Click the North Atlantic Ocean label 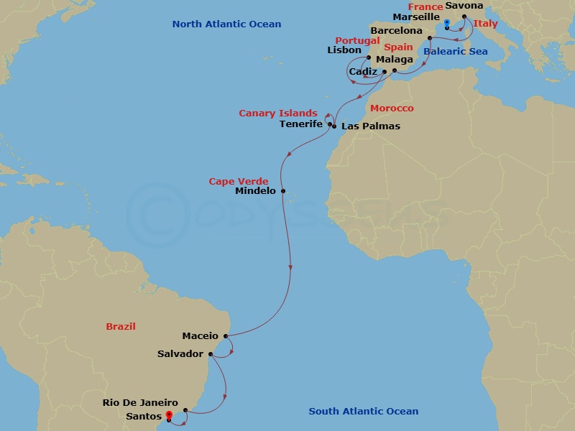coord(226,24)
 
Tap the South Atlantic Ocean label coord(363,412)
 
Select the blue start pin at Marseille coord(447,25)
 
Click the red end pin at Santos coord(169,416)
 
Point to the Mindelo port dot coord(283,191)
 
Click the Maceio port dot coord(227,335)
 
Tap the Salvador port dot coord(210,354)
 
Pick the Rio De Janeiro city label coord(140,403)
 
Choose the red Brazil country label coord(121,326)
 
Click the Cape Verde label coord(239,181)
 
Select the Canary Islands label coord(278,113)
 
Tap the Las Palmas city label coord(371,126)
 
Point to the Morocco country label coord(392,108)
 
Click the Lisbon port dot coord(369,58)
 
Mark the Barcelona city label coord(396,31)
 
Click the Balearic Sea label coord(456,52)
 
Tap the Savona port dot coord(464,17)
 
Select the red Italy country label coord(485,24)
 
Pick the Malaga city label coord(395,60)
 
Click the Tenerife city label coord(300,124)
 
